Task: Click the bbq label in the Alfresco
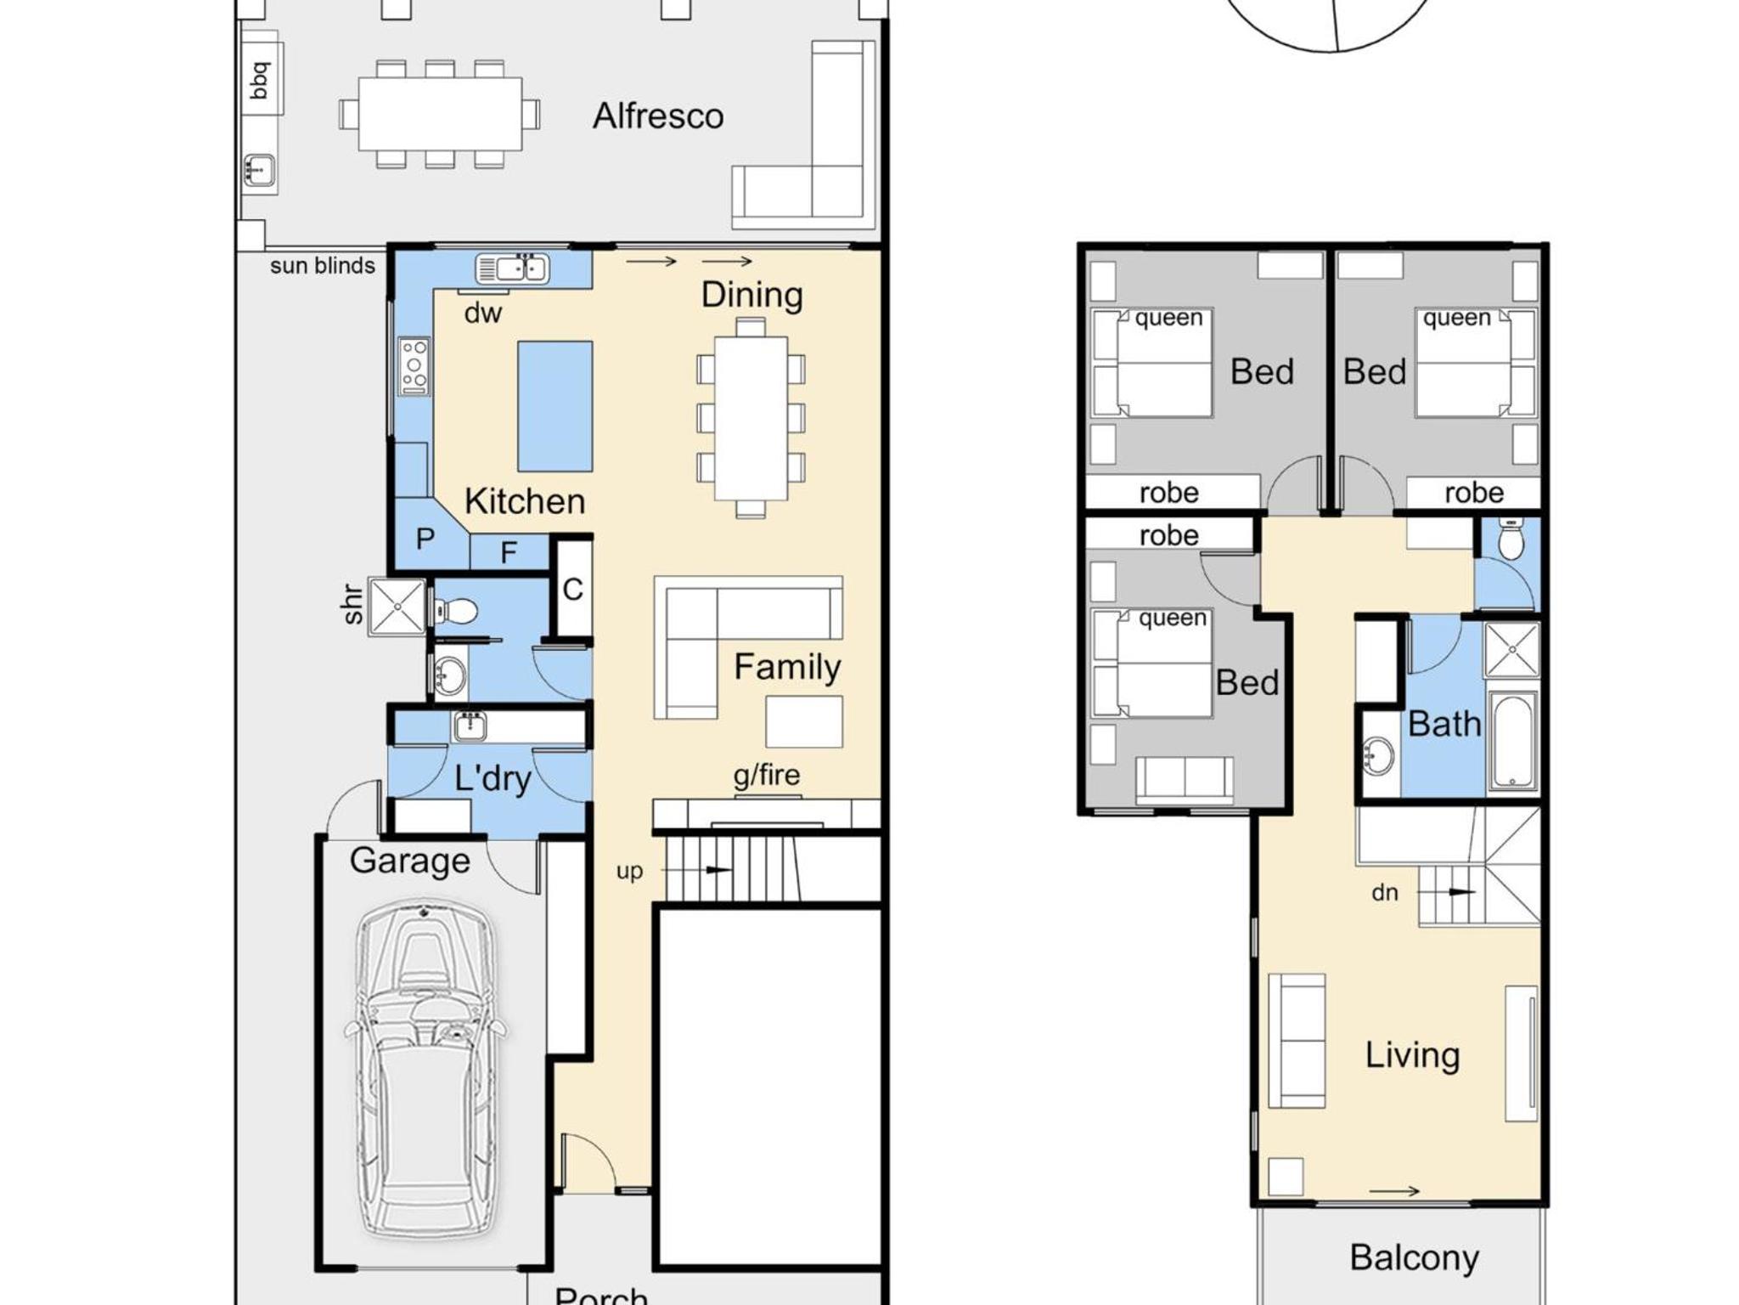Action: [x=260, y=81]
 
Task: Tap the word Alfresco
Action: [x=658, y=116]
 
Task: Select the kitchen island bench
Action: [x=555, y=406]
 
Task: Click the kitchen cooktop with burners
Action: [x=414, y=366]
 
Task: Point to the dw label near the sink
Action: [x=482, y=314]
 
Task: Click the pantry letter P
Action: [x=425, y=539]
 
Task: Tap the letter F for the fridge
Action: [x=509, y=553]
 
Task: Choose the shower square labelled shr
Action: [x=397, y=607]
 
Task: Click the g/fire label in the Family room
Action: [x=767, y=776]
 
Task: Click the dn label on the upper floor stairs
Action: [x=1384, y=892]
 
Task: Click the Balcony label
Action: [x=1414, y=1258]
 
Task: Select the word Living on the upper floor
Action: [x=1412, y=1056]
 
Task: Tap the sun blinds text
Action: [x=323, y=266]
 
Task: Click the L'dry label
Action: [x=492, y=778]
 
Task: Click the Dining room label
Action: [x=751, y=296]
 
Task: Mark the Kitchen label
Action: [x=525, y=501]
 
